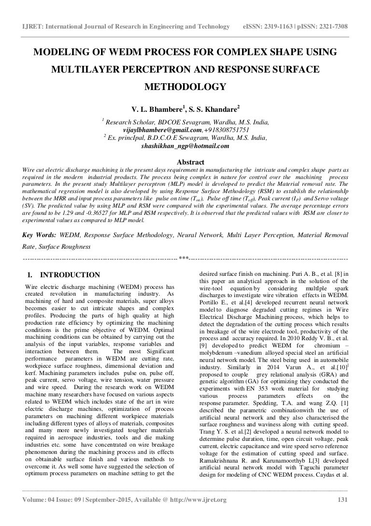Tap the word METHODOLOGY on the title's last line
click(x=185, y=87)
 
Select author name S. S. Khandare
click(x=211, y=106)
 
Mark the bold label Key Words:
click(x=39, y=235)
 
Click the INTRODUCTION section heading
click(x=70, y=275)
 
